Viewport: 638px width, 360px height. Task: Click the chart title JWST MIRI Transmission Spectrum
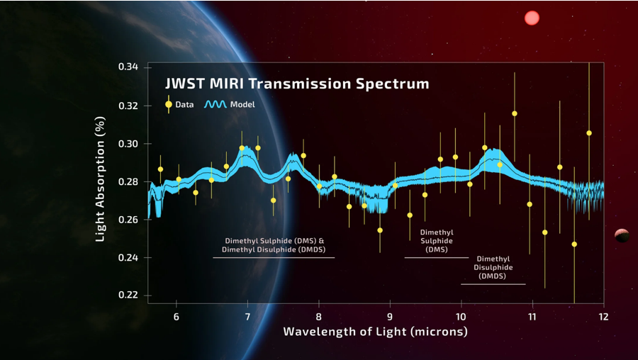pyautogui.click(x=297, y=84)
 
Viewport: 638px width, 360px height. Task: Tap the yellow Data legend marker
pyautogui.click(x=169, y=104)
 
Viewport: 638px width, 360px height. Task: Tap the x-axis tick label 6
pyautogui.click(x=177, y=316)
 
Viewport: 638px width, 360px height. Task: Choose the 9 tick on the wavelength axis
pyautogui.click(x=390, y=316)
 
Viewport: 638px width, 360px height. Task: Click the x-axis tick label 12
pyautogui.click(x=603, y=316)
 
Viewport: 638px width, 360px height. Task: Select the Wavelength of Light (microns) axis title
pyautogui.click(x=375, y=332)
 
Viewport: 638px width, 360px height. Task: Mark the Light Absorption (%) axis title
pyautogui.click(x=101, y=181)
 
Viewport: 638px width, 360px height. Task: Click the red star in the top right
pyautogui.click(x=532, y=18)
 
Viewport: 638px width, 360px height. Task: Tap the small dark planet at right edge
pyautogui.click(x=622, y=235)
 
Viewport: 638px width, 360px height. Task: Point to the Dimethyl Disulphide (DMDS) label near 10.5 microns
pyautogui.click(x=493, y=268)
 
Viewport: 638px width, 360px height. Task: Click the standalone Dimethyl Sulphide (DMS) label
pyautogui.click(x=436, y=240)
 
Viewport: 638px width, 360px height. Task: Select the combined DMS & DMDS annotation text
pyautogui.click(x=274, y=244)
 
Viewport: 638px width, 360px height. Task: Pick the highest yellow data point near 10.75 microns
pyautogui.click(x=515, y=113)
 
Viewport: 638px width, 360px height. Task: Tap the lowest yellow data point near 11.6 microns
pyautogui.click(x=574, y=244)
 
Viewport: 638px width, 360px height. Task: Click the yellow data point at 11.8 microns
pyautogui.click(x=588, y=133)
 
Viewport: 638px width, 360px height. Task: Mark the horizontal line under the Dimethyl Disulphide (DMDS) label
pyautogui.click(x=493, y=284)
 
